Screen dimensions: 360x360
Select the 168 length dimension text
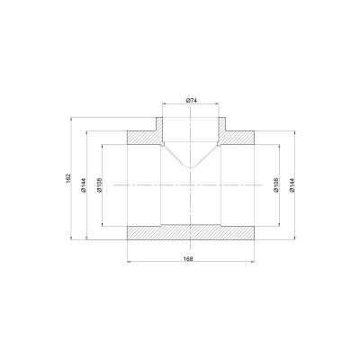pos(188,258)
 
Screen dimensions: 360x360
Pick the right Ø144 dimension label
pos(292,186)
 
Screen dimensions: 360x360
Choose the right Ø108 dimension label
pos(275,186)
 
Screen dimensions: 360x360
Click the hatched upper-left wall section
pos(142,139)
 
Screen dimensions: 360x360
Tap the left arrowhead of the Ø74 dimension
pos(163,104)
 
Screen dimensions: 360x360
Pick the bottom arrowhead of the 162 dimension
pos(72,240)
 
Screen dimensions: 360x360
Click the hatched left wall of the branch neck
pos(159,126)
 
